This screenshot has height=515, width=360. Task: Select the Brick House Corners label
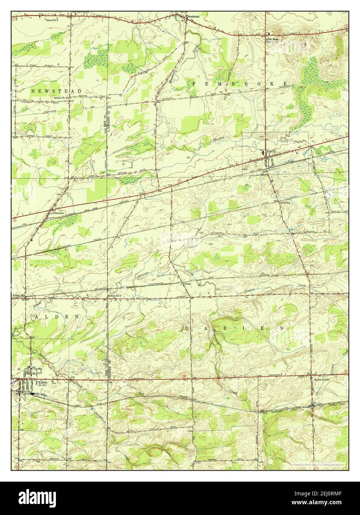(272, 40)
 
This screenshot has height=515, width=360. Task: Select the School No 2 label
(114, 295)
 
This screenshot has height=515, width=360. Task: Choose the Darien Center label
(320, 379)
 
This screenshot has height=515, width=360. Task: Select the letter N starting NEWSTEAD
(33, 91)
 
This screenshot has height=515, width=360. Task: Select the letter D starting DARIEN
(187, 328)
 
